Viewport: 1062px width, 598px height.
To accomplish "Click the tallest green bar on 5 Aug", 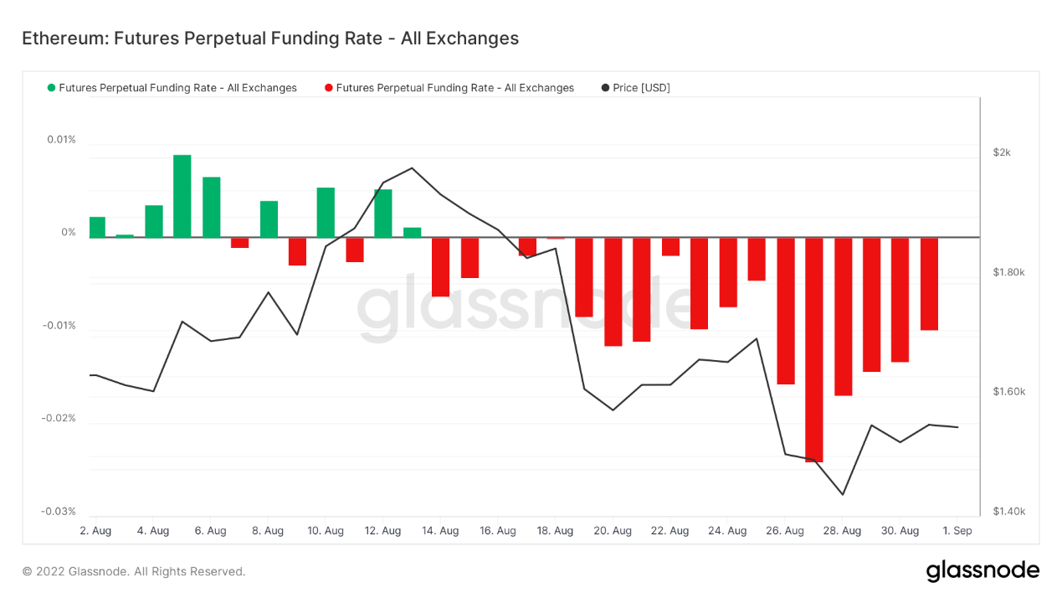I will point(182,196).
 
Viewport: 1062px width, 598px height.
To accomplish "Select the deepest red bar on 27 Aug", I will point(814,349).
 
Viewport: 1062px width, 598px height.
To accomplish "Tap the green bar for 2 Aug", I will point(97,227).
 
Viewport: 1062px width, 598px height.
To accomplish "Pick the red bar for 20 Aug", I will point(613,291).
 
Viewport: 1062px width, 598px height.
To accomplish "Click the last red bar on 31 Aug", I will point(929,284).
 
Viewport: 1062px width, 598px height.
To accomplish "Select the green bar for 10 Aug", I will point(326,213).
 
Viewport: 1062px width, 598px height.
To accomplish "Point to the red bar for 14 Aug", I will point(440,267).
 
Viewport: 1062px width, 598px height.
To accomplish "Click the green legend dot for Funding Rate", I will point(52,88).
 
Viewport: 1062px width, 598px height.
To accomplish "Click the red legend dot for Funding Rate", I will point(329,88).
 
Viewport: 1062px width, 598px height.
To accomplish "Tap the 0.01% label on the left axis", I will point(61,140).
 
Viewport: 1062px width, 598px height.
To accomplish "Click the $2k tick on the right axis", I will point(1002,152).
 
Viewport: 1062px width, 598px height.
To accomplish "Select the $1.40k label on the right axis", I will point(1008,511).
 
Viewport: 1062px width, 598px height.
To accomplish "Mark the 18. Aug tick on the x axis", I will point(555,531).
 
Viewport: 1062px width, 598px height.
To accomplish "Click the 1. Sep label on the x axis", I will point(957,531).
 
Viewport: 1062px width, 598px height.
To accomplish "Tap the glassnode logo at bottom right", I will point(982,571).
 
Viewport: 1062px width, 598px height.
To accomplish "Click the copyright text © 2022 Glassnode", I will point(134,571).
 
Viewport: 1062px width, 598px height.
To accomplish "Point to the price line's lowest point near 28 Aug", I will point(843,494).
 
